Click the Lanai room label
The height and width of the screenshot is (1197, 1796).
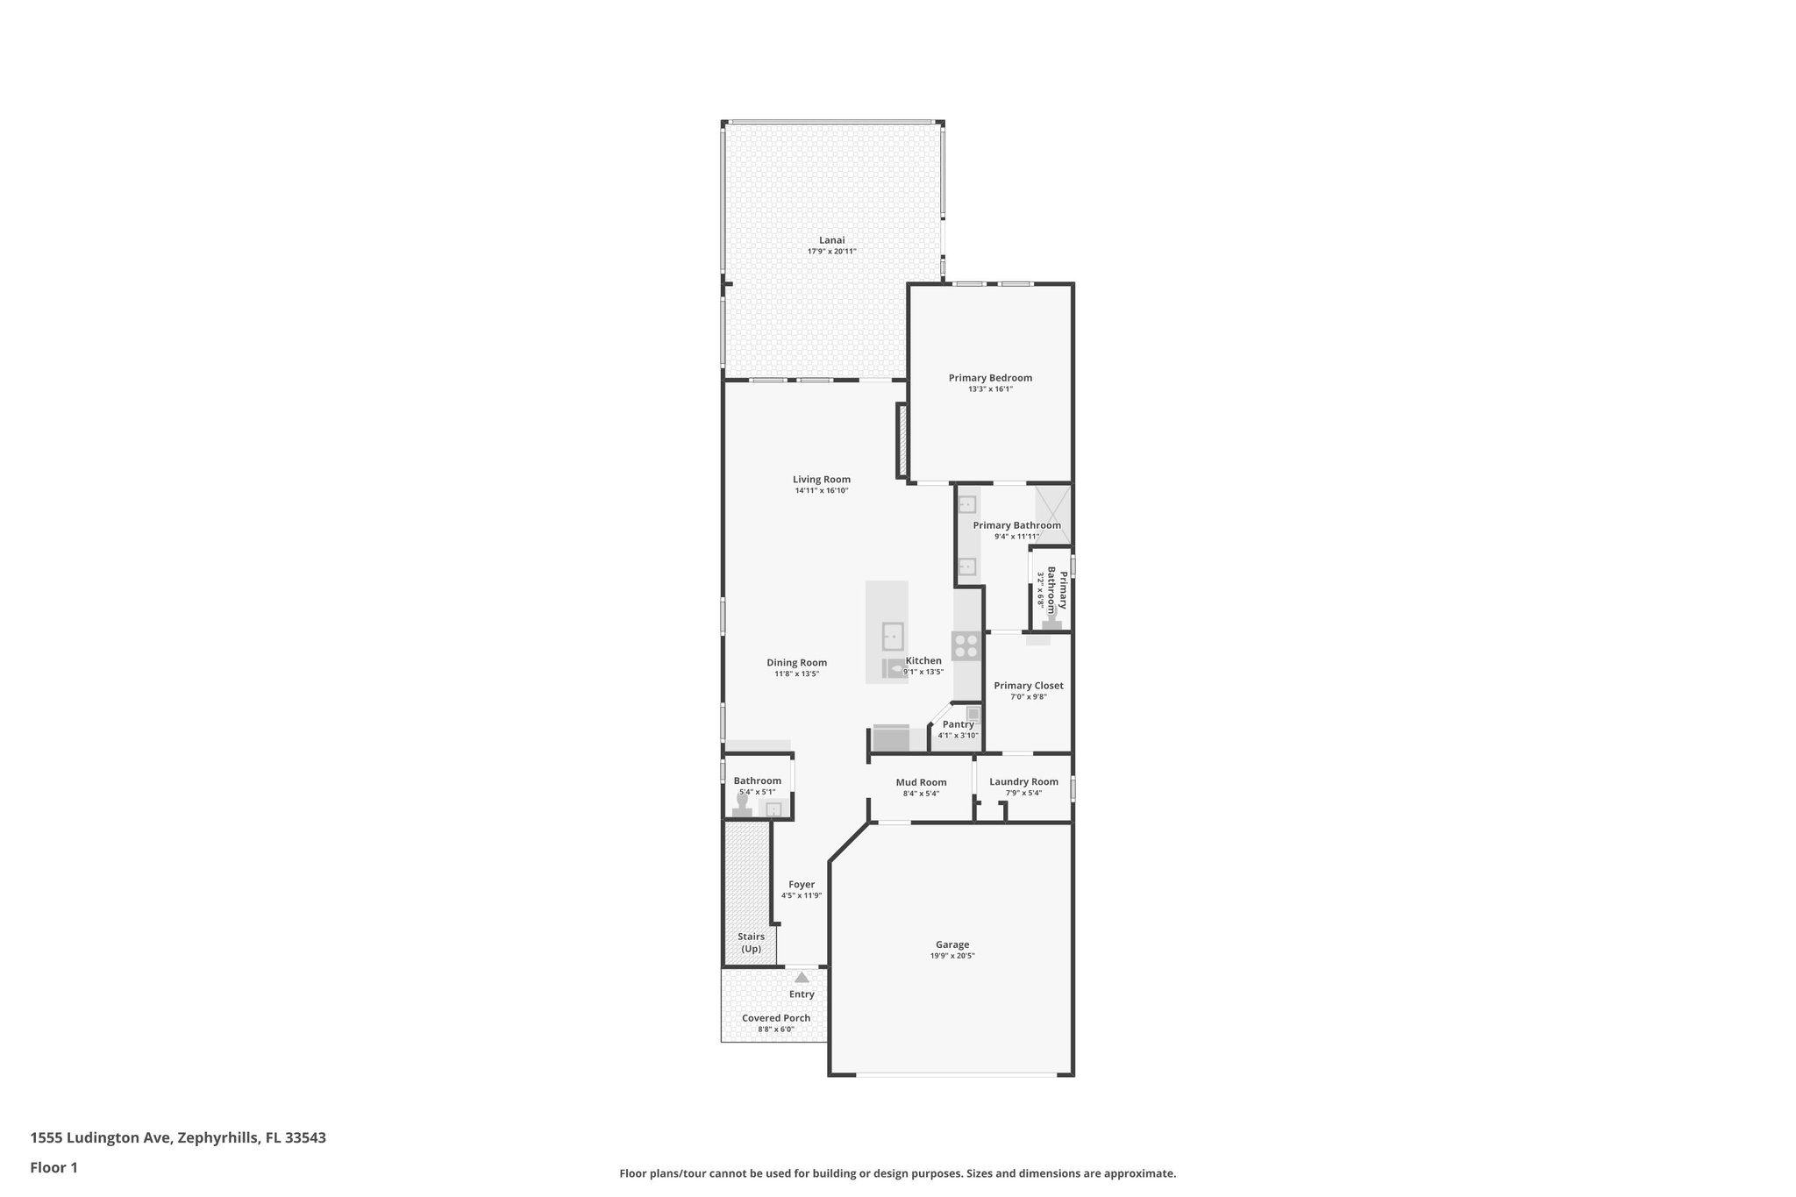click(831, 240)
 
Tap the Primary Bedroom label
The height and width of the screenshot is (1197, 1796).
click(990, 378)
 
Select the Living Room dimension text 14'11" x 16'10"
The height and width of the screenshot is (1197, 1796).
click(822, 491)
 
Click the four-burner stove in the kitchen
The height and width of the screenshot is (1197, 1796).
click(966, 646)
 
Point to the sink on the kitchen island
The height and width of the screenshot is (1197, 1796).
click(893, 635)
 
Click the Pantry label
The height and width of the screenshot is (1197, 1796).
click(958, 724)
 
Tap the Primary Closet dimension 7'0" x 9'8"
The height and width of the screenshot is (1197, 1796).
click(1029, 697)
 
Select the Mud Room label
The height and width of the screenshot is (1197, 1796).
click(921, 782)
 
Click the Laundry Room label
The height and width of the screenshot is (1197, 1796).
click(1023, 781)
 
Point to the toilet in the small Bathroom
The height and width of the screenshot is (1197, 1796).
click(742, 806)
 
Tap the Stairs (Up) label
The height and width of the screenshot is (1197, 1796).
click(751, 943)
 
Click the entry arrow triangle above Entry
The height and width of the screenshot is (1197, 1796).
click(802, 977)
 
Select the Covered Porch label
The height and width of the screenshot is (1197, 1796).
click(776, 1018)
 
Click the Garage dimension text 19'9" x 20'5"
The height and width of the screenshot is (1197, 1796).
click(952, 956)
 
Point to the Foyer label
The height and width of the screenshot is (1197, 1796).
click(802, 884)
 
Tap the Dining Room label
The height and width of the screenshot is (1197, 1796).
click(796, 663)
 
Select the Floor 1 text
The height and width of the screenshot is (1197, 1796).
click(53, 1167)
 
